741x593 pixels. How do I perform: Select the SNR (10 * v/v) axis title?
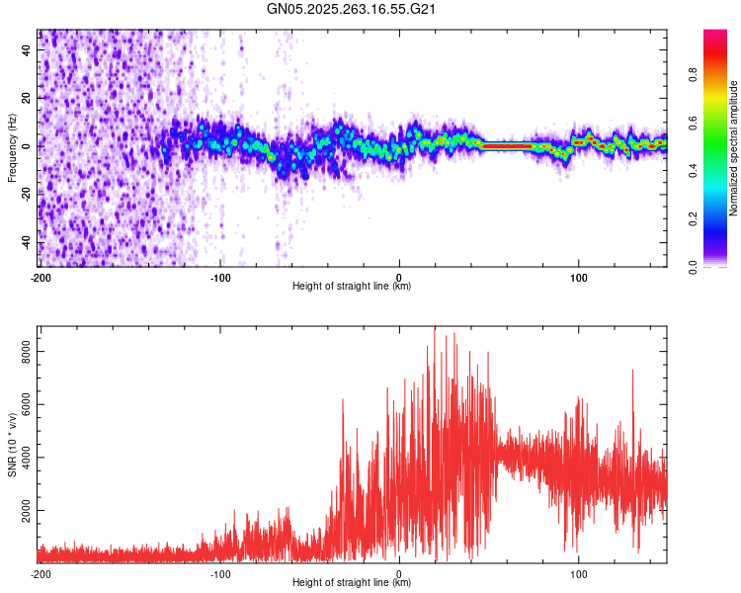[12, 444]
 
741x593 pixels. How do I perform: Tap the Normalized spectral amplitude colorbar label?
[733, 149]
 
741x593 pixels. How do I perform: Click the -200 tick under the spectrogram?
[40, 277]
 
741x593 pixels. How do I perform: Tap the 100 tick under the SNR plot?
[579, 573]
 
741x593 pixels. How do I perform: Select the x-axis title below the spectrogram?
[352, 287]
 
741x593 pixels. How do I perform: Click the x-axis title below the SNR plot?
[352, 583]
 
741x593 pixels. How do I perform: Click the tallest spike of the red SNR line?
[435, 329]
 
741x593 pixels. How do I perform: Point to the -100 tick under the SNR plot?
[219, 573]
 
